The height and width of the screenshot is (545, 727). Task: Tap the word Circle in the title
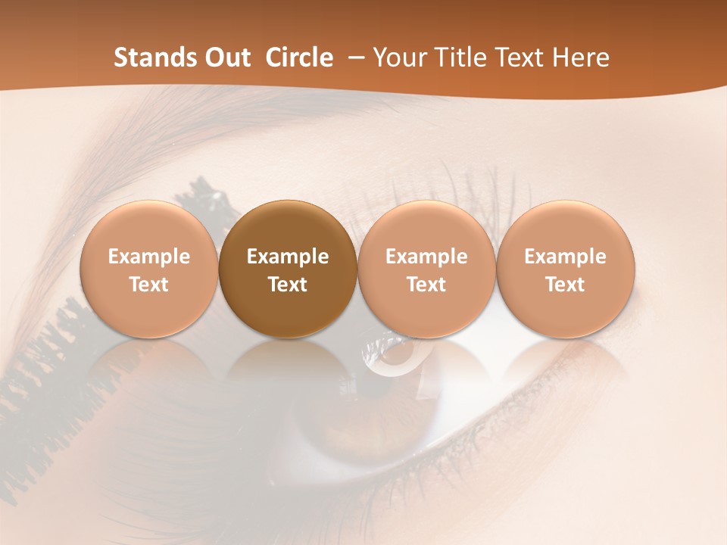click(299, 58)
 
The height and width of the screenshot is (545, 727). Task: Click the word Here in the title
click(579, 58)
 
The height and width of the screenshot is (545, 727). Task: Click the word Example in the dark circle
click(288, 257)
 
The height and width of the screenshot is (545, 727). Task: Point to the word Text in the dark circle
click(288, 285)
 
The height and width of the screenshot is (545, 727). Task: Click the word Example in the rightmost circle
click(565, 257)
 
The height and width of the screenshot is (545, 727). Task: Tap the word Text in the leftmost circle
click(148, 285)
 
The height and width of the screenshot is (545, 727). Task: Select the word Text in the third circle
click(426, 285)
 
